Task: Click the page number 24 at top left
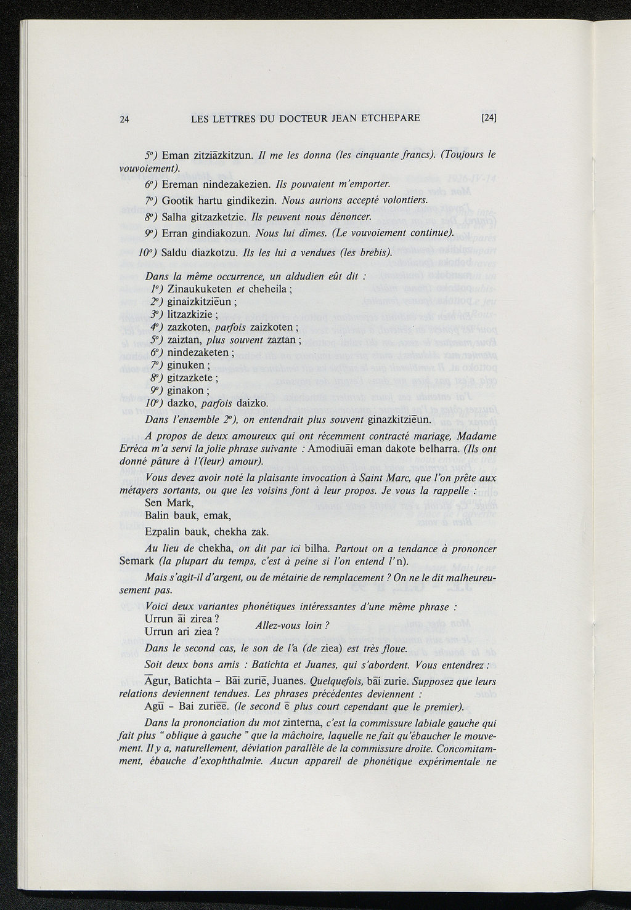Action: pyautogui.click(x=124, y=119)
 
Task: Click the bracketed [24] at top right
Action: pyautogui.click(x=489, y=118)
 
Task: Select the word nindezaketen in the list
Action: pyautogui.click(x=197, y=352)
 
